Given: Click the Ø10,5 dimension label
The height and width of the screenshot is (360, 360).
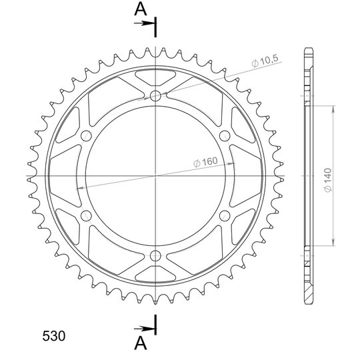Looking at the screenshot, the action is coord(265,61).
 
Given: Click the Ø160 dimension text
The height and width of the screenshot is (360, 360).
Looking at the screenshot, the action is coord(205,162).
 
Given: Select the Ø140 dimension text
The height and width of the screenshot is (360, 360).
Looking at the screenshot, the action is coord(328,180).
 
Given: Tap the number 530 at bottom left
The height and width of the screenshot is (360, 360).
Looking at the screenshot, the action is coord(54,336).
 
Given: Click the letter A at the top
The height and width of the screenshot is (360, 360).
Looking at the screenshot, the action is coord(141,9).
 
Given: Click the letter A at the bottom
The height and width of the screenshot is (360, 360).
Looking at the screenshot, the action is coord(141,343).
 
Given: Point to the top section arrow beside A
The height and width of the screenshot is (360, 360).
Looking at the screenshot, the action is coord(144,23).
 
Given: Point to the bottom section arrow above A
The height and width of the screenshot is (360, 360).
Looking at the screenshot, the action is coord(144,329).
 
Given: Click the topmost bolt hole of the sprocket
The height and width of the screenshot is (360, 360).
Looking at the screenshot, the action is coord(155,96).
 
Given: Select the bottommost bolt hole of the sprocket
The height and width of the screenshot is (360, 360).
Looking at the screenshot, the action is coord(155,256).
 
